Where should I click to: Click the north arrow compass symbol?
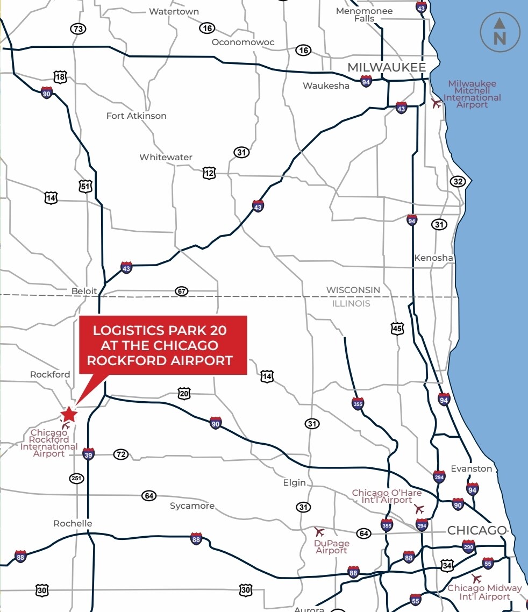tap(500, 32)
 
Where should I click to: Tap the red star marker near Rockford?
tap(69, 414)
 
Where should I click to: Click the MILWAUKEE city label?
tap(387, 67)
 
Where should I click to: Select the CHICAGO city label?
tap(476, 530)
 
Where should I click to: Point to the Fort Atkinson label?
tap(136, 116)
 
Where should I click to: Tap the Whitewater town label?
tap(166, 157)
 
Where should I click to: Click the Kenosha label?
tap(433, 258)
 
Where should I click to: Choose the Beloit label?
tap(84, 291)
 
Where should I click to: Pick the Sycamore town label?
tap(192, 506)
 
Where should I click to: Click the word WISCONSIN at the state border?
tap(353, 290)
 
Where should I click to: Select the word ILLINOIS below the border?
tap(352, 303)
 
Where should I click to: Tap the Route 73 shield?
tap(79, 29)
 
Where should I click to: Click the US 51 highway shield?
tap(85, 187)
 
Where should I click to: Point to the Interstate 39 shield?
tap(89, 454)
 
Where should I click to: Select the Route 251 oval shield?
tap(77, 478)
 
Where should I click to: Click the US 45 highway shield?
tap(397, 328)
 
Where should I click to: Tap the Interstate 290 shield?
tap(468, 547)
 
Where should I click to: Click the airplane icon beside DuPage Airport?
tap(319, 532)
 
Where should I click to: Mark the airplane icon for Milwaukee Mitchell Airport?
tap(436, 103)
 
